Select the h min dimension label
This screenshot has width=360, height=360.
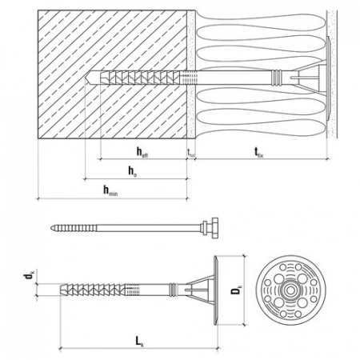coord(109,190)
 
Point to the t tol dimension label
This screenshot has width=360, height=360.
coord(190,151)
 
